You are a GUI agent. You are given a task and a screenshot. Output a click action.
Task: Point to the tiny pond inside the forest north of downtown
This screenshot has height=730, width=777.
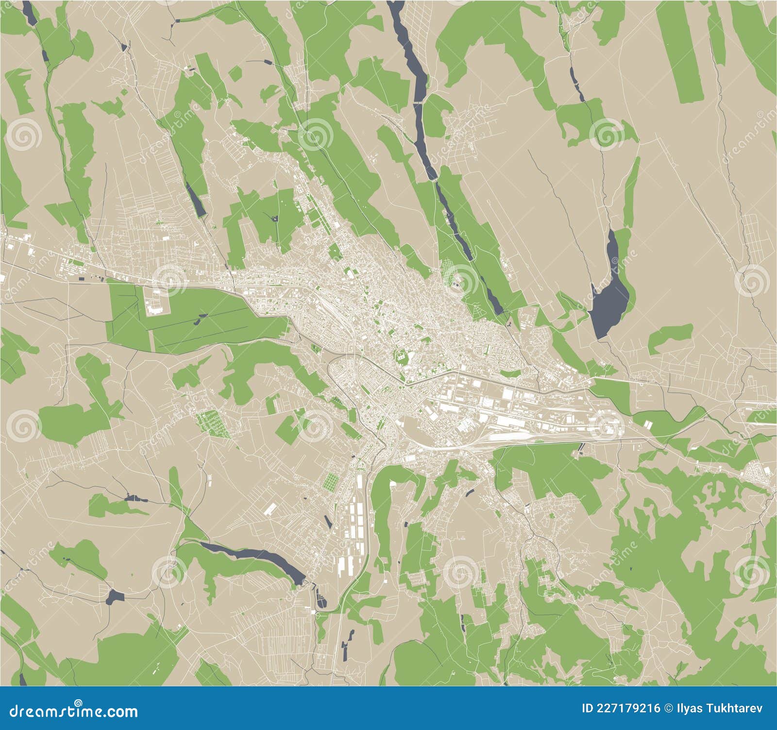point(275,219)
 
